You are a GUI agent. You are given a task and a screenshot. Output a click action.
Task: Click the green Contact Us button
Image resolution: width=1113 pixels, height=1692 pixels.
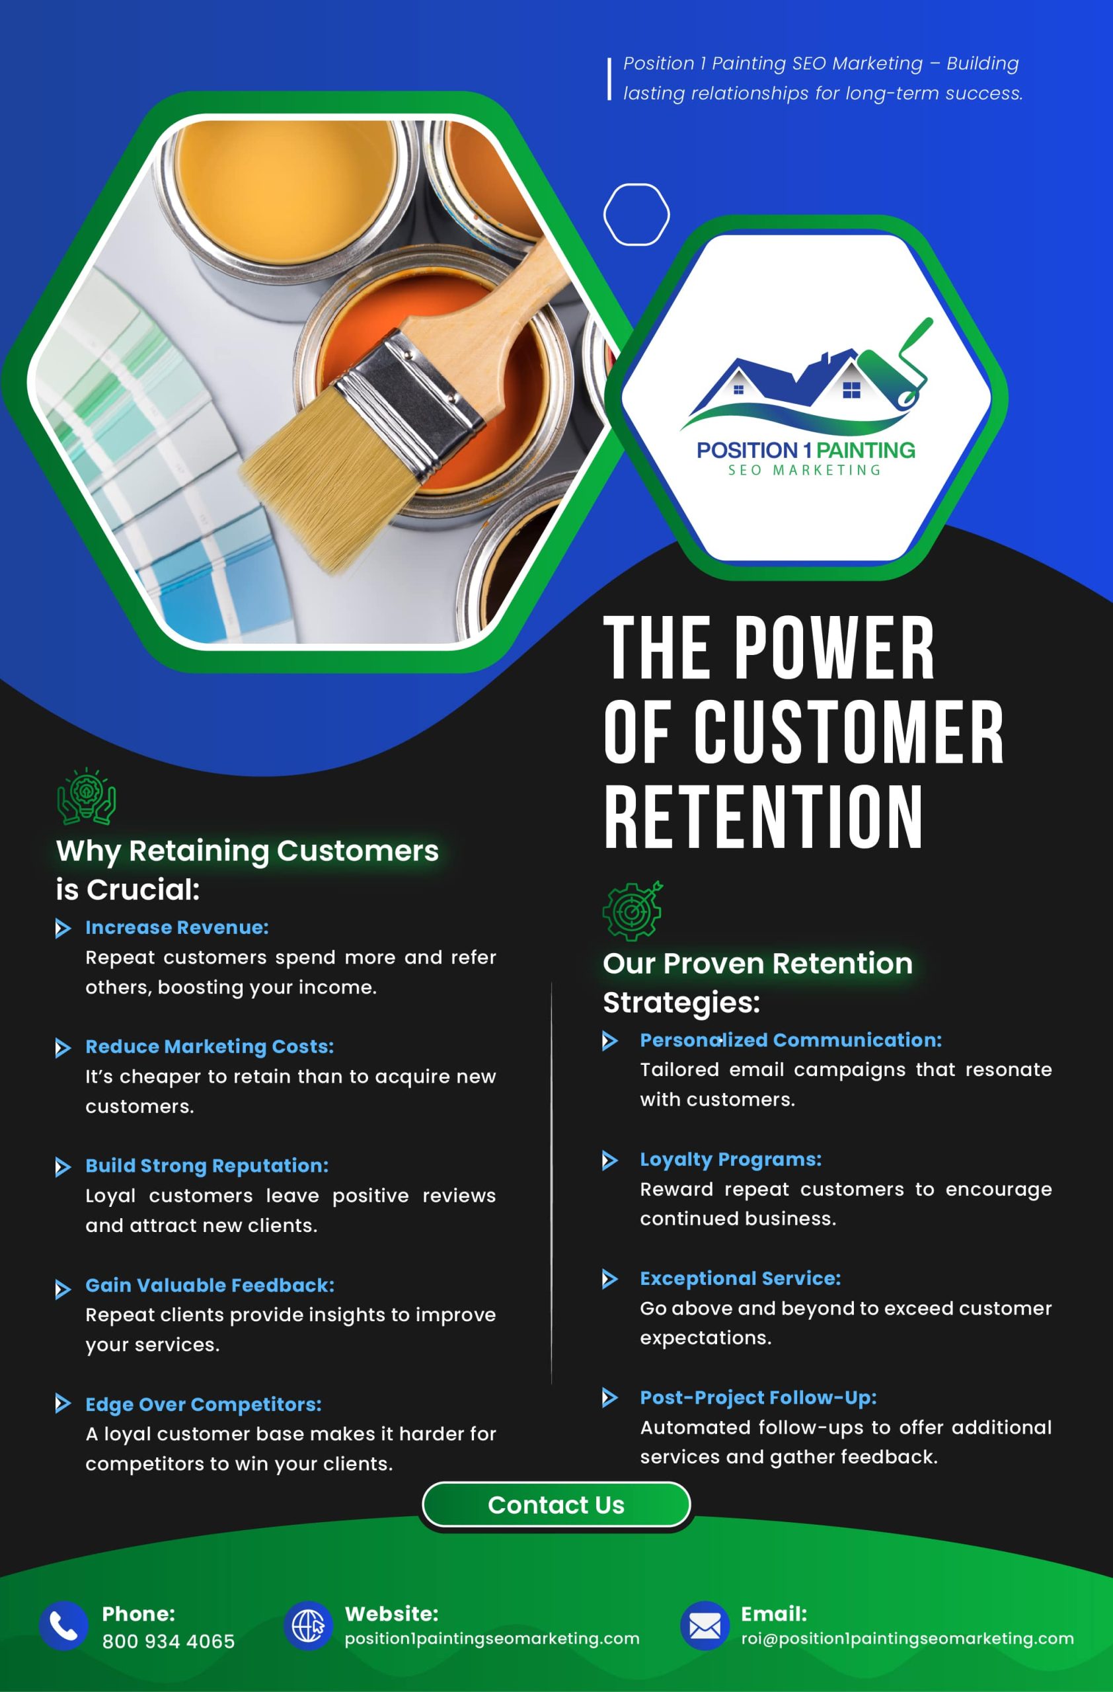click(x=556, y=1505)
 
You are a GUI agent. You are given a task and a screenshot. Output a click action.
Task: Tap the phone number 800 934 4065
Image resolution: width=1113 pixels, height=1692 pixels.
click(x=169, y=1642)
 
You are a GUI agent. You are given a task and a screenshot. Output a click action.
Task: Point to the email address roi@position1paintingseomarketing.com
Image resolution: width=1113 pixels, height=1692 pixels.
click(x=907, y=1638)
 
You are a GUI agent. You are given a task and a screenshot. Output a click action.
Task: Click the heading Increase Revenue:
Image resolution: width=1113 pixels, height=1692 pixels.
click(x=177, y=927)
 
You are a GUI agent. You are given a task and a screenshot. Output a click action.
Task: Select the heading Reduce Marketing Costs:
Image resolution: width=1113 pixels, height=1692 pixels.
click(x=210, y=1046)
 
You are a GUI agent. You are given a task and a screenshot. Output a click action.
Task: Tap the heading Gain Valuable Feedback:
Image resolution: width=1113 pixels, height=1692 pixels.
click(x=210, y=1286)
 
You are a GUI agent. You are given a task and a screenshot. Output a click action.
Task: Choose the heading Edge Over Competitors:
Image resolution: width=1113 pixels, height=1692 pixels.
click(x=204, y=1404)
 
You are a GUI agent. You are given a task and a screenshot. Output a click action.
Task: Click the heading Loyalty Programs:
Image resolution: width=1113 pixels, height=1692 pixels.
click(x=730, y=1159)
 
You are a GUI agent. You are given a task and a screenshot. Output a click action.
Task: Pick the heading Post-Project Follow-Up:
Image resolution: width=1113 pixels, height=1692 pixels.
click(x=758, y=1398)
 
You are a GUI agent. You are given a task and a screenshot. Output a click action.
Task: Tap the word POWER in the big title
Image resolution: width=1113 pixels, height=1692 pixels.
click(x=833, y=648)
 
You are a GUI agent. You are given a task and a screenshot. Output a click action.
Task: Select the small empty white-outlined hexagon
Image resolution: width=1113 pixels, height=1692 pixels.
click(x=636, y=214)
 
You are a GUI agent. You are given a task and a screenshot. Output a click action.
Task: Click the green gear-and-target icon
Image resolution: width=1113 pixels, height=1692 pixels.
click(x=632, y=911)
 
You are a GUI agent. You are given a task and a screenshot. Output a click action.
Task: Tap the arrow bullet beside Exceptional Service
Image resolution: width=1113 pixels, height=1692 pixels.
click(x=610, y=1279)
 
